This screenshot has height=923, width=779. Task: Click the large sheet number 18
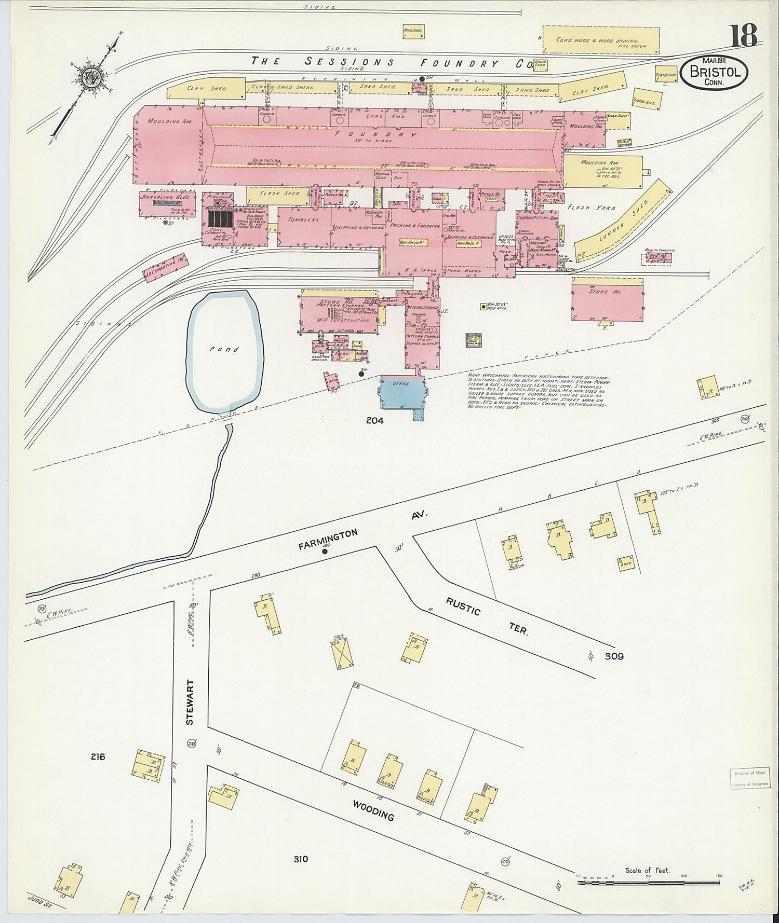(745, 36)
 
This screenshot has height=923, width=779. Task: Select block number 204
(374, 421)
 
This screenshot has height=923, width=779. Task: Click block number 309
(614, 656)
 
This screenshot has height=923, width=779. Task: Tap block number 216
(98, 756)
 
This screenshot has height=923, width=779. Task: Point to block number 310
(301, 859)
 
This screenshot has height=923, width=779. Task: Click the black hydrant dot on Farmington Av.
(325, 552)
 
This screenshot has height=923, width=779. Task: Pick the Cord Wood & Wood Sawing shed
(601, 40)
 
